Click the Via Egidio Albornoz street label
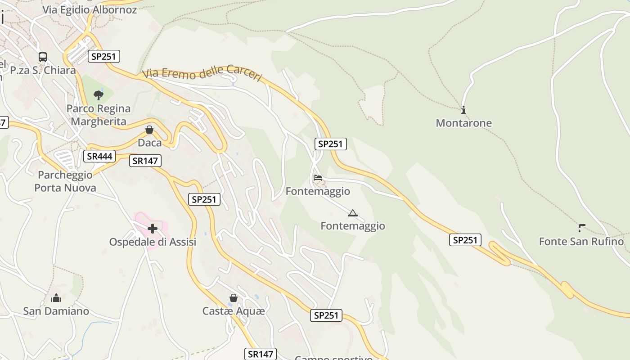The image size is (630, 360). pos(90,9)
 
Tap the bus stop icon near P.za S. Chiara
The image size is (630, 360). pos(43,57)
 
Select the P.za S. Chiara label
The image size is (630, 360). pos(43,70)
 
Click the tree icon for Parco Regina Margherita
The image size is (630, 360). pos(99,95)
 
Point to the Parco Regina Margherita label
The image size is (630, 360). pos(99,115)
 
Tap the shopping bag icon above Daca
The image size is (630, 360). pos(149,130)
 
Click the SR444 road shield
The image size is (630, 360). pos(99,156)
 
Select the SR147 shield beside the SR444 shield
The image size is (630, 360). pos(145,161)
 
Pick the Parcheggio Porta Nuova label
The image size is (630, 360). pos(65,181)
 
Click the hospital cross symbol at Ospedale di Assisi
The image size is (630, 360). pos(153,229)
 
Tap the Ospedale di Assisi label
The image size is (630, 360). pos(153,242)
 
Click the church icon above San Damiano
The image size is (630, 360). pos(56,298)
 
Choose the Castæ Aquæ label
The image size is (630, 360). pos(234,311)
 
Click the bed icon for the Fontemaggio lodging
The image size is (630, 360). pos(318,178)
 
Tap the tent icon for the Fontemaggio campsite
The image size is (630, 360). pos(352,213)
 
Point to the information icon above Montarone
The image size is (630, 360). pos(463,110)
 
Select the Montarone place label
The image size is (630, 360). pos(463,123)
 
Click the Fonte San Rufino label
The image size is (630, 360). pos(581,242)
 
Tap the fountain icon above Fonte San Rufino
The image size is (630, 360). pos(581,228)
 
